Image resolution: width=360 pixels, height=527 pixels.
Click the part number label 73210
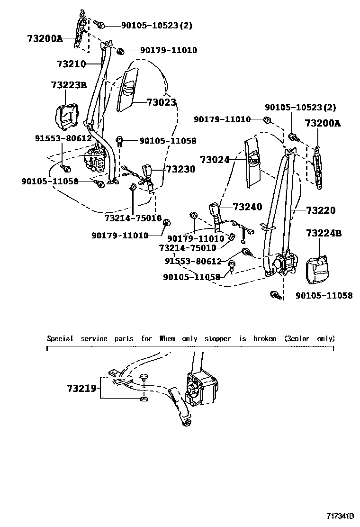[71, 64]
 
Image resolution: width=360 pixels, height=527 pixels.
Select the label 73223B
[69, 85]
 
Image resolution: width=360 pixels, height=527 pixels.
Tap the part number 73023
[161, 102]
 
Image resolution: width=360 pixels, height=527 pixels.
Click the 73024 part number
[214, 160]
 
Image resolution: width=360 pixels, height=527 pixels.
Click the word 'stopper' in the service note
[217, 339]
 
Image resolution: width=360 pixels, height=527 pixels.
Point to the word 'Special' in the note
[60, 339]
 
